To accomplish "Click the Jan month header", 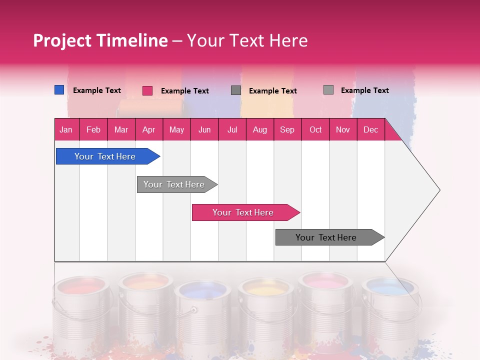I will (66, 129).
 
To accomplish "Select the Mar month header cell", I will (121, 129).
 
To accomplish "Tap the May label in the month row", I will (176, 129).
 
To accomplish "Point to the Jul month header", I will (232, 129).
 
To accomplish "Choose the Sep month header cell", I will (287, 129).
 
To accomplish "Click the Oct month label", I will (315, 129).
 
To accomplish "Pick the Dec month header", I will (370, 129).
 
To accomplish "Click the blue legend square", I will (59, 90).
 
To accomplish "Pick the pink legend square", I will (147, 90).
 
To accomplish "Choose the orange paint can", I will (145, 307).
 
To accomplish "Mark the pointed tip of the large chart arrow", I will (439, 190).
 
